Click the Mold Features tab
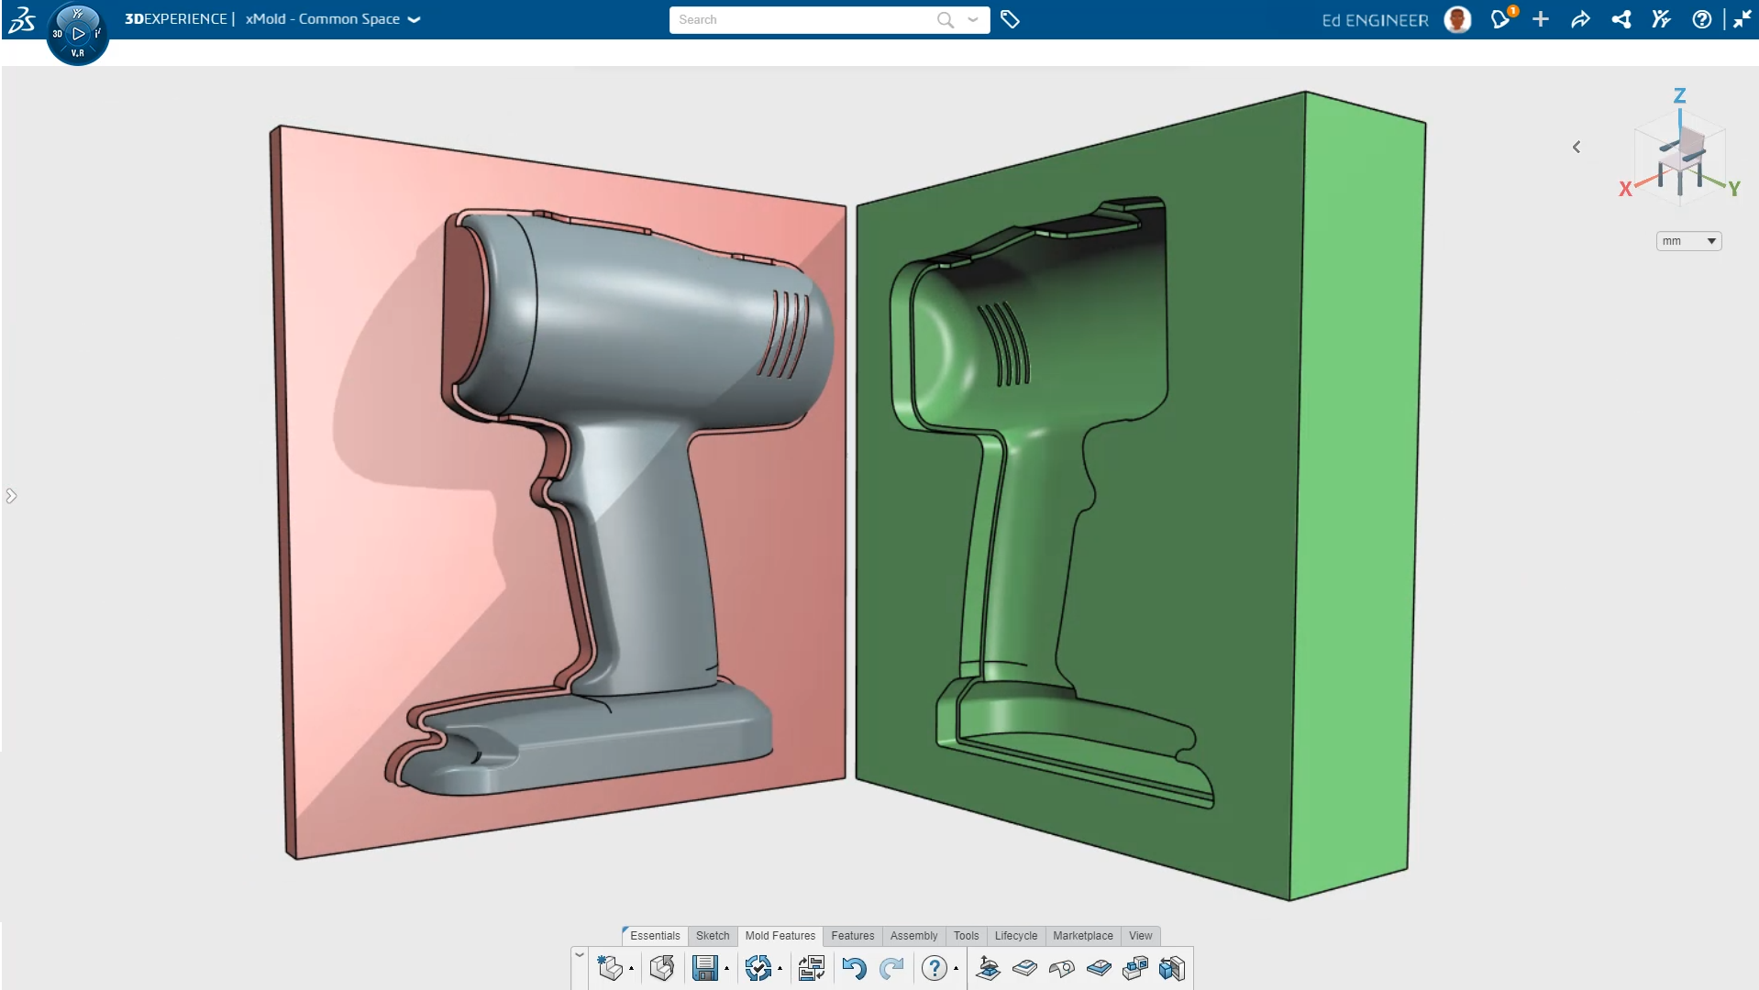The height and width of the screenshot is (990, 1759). [x=780, y=936]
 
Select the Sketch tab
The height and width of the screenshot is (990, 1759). [x=712, y=936]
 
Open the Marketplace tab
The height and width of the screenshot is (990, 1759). [x=1082, y=936]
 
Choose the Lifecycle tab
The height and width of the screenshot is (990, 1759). [x=1015, y=936]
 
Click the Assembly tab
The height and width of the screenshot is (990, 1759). [x=913, y=936]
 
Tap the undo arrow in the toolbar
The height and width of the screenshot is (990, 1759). [x=854, y=968]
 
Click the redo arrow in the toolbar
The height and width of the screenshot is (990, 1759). [x=891, y=968]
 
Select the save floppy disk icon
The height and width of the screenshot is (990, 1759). [x=704, y=968]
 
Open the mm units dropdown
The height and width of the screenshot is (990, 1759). [x=1688, y=241]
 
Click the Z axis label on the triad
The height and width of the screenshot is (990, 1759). [x=1679, y=95]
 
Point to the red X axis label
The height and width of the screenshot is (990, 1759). [x=1625, y=189]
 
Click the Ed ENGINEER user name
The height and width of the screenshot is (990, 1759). [x=1375, y=20]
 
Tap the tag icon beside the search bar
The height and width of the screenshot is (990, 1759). [x=1010, y=19]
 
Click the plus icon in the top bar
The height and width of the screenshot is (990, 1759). [x=1541, y=19]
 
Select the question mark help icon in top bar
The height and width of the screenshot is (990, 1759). [x=1701, y=19]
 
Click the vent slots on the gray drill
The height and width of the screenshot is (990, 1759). [x=784, y=335]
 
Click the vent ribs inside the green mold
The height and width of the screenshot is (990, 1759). [x=1004, y=344]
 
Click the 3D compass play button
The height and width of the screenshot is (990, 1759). [x=78, y=34]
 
